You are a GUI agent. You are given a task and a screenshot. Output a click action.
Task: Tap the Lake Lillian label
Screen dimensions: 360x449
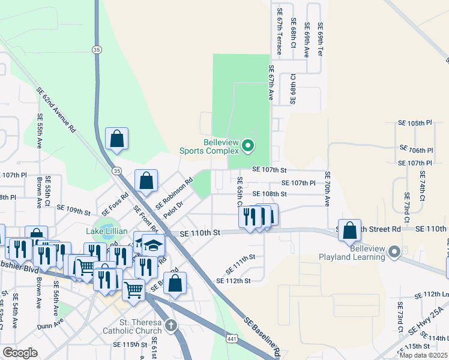click(106, 231)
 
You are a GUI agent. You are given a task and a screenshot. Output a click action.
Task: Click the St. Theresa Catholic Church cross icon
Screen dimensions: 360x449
click(171, 325)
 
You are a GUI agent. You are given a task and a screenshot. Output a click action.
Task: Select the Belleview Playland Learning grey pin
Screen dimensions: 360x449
click(394, 251)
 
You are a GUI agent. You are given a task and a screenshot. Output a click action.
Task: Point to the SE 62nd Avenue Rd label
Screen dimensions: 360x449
click(56, 110)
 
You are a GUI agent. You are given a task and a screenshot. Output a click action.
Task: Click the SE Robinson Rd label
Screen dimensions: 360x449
click(174, 193)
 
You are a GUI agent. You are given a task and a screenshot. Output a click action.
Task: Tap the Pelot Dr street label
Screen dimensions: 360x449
click(172, 211)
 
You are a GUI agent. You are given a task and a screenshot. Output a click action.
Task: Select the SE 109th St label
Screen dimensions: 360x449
click(73, 211)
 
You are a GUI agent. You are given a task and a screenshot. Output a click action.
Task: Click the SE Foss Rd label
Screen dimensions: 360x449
click(115, 203)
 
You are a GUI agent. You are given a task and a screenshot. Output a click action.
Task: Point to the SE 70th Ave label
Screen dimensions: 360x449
click(328, 189)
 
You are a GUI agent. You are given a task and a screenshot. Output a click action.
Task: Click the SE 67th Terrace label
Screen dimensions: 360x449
click(279, 31)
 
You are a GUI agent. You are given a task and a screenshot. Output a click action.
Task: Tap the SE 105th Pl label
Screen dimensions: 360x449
click(415, 122)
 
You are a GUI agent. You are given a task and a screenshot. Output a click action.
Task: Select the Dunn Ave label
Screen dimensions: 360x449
click(51, 324)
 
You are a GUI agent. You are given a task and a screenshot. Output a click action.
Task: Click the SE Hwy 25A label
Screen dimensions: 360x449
click(428, 322)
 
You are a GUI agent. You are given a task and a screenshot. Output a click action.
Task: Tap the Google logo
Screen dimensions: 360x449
click(20, 353)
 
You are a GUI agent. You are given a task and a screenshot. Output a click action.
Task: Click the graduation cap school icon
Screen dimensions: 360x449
click(153, 245)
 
